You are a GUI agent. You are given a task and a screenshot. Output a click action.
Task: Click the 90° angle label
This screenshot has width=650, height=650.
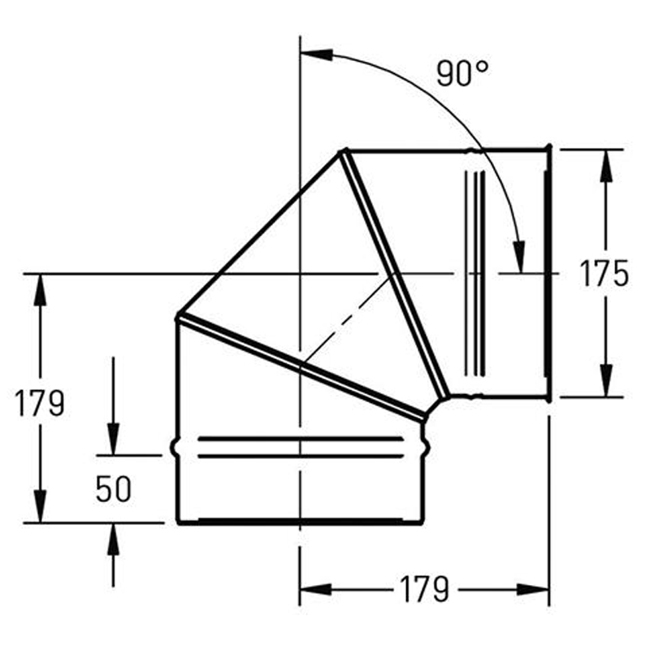pos(462,73)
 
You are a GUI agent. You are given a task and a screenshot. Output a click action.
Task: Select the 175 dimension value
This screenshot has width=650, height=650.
pos(604,274)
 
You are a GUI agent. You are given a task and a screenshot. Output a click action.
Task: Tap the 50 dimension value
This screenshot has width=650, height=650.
pos(113,489)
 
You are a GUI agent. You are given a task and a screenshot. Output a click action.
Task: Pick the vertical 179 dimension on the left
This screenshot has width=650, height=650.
pos(40,402)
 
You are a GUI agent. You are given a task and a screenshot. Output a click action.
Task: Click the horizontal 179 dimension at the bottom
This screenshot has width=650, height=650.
pos(424,588)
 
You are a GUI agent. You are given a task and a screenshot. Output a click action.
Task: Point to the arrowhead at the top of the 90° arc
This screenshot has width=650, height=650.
pos(317,54)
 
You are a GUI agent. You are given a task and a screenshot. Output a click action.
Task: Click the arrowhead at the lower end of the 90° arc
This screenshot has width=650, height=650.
pos(519,257)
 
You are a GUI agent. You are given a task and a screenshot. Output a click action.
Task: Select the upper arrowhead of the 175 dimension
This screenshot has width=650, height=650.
pos(606,166)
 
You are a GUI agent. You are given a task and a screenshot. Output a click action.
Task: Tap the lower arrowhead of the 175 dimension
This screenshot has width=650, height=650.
pos(606,380)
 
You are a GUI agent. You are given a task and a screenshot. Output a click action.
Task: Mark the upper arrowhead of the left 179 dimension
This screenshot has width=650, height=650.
pos(40,290)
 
